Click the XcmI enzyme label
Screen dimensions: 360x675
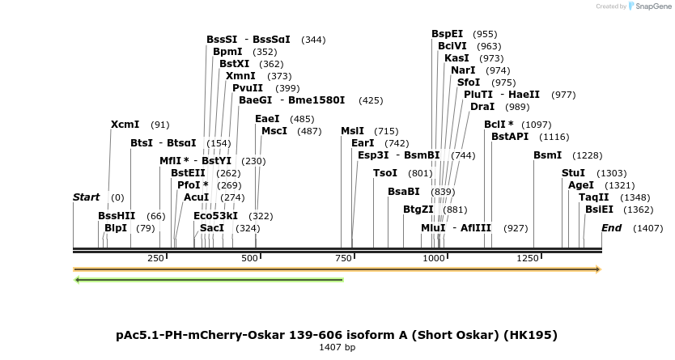pos(125,125)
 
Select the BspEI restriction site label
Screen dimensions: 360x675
pos(447,34)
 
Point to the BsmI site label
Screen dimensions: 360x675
pos(547,155)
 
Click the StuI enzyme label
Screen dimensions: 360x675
pos(573,173)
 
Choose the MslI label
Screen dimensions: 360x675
pos(352,131)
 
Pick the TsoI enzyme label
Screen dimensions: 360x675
pos(385,173)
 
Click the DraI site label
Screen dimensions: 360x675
pos(482,107)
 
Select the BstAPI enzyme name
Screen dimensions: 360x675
pos(510,137)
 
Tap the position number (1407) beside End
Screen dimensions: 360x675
pos(647,228)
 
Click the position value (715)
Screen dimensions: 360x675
pos(386,131)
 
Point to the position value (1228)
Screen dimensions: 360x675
pos(588,155)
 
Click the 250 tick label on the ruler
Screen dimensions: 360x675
pos(155,258)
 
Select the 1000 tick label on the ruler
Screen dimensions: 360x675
pos(434,258)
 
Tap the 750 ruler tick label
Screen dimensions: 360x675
pos(343,258)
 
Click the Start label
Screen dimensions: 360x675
pos(87,197)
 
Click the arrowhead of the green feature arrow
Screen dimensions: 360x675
pos(78,280)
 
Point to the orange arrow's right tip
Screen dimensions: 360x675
pos(599,269)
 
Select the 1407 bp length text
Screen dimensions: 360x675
pos(337,347)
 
